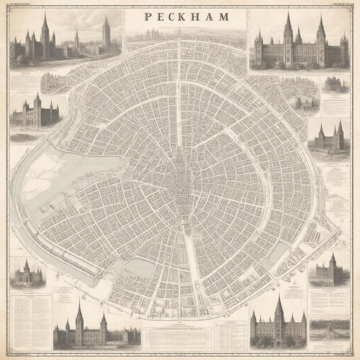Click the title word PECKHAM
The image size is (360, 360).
coord(186,17)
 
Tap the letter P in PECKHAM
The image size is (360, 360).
coord(147,17)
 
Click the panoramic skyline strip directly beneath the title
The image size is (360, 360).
coord(186,35)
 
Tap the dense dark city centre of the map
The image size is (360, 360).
coord(183,179)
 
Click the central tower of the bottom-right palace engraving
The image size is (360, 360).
coord(279,315)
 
